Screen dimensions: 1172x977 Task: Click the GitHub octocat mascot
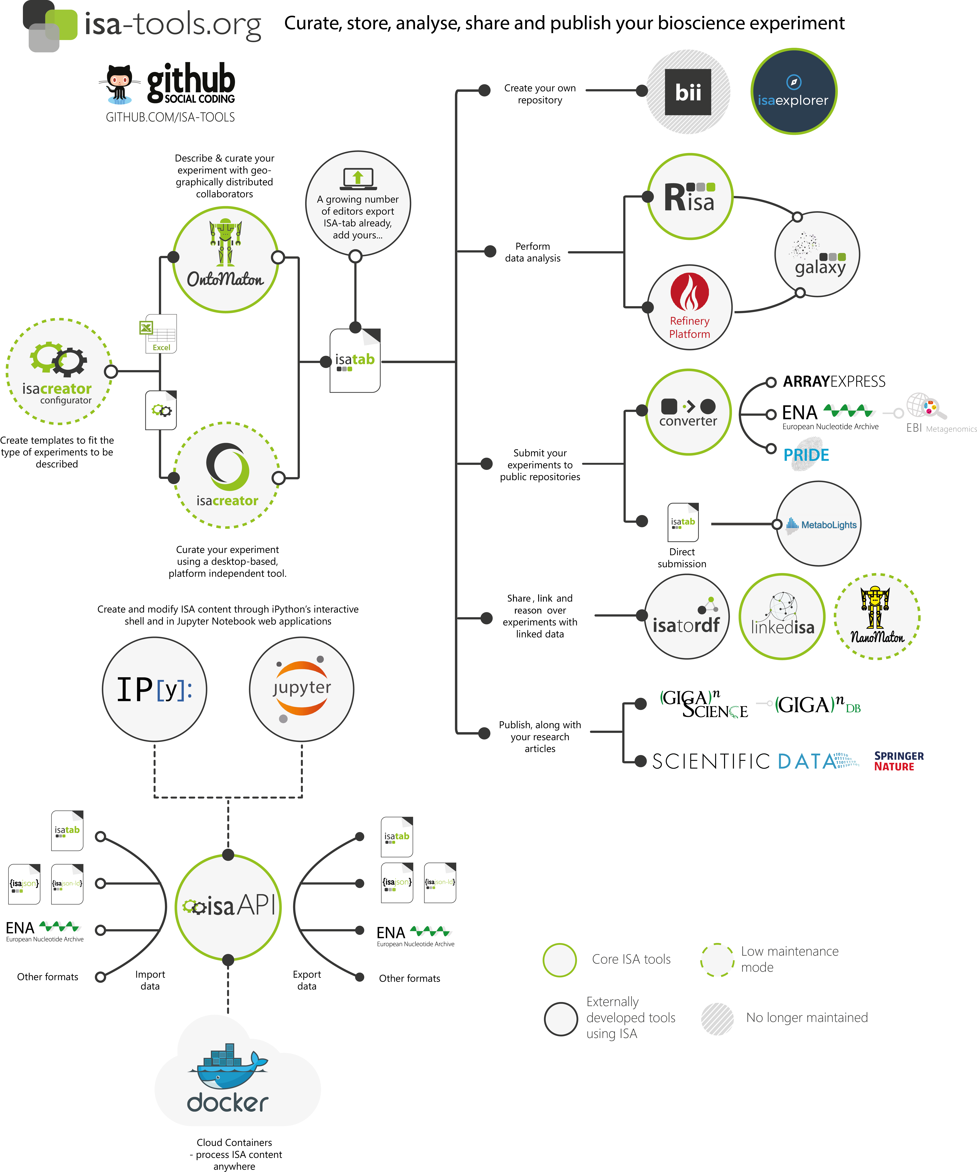coord(119,84)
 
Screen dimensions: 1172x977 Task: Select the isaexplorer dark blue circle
coord(794,92)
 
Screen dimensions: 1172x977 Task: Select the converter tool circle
coord(688,412)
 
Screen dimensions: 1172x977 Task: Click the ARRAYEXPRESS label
coord(834,382)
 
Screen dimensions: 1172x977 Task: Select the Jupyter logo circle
coord(301,689)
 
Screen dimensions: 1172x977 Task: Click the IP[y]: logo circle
coord(154,689)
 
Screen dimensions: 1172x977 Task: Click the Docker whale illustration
coord(228,1066)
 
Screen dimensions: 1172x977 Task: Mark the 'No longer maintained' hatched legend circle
coord(717,1019)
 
